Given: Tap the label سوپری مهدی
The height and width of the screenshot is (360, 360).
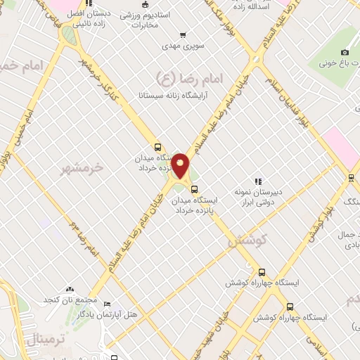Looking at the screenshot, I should coord(184,46).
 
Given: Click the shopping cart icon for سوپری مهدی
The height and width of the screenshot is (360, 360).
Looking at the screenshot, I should coord(184,34).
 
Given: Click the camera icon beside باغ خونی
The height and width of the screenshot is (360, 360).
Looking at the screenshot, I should coord(345,53).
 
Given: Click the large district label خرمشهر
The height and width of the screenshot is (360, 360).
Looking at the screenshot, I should coord(82,168).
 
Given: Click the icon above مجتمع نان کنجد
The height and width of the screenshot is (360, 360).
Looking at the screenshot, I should coord(69,289).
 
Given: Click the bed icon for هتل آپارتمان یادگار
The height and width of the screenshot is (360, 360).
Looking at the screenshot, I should coord(107,304).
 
